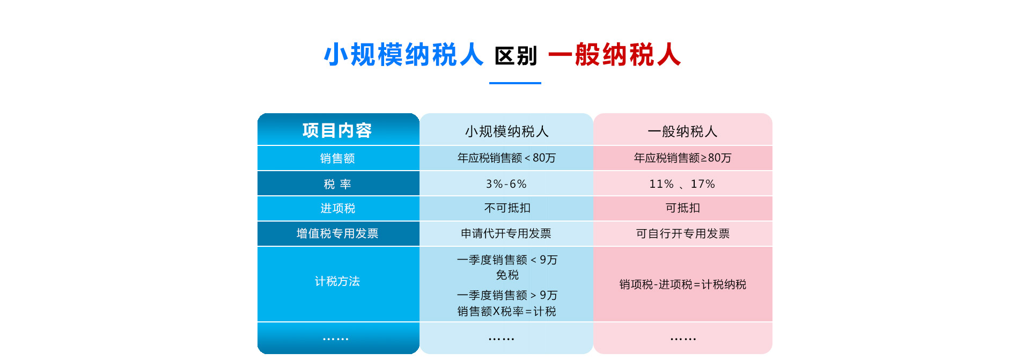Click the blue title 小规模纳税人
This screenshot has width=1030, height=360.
tap(403, 55)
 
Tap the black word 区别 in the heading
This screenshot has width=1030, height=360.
tap(516, 56)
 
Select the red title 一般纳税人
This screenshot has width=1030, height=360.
tap(615, 55)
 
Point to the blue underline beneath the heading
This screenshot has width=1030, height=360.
tap(515, 83)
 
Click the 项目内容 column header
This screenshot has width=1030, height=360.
tap(337, 130)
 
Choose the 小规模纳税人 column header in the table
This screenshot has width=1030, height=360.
tap(506, 131)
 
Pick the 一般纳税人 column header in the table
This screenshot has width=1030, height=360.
tap(682, 131)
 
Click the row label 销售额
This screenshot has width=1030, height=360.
tap(337, 158)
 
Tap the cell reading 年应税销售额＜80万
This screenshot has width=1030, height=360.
tap(506, 158)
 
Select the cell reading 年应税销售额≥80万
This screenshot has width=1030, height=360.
tap(682, 158)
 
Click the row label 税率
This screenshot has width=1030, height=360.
tap(337, 184)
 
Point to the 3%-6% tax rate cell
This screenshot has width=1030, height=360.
tap(506, 184)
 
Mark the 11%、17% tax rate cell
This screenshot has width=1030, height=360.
tap(682, 184)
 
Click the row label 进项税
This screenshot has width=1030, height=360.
tap(337, 208)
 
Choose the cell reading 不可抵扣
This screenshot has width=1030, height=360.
tap(507, 208)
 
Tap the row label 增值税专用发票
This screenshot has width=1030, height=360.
tap(337, 233)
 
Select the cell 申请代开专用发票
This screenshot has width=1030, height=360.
tap(506, 233)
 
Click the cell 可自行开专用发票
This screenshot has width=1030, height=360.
tap(682, 233)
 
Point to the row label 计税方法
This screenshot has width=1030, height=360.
tap(337, 281)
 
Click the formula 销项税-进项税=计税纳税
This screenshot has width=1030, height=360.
tap(682, 284)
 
